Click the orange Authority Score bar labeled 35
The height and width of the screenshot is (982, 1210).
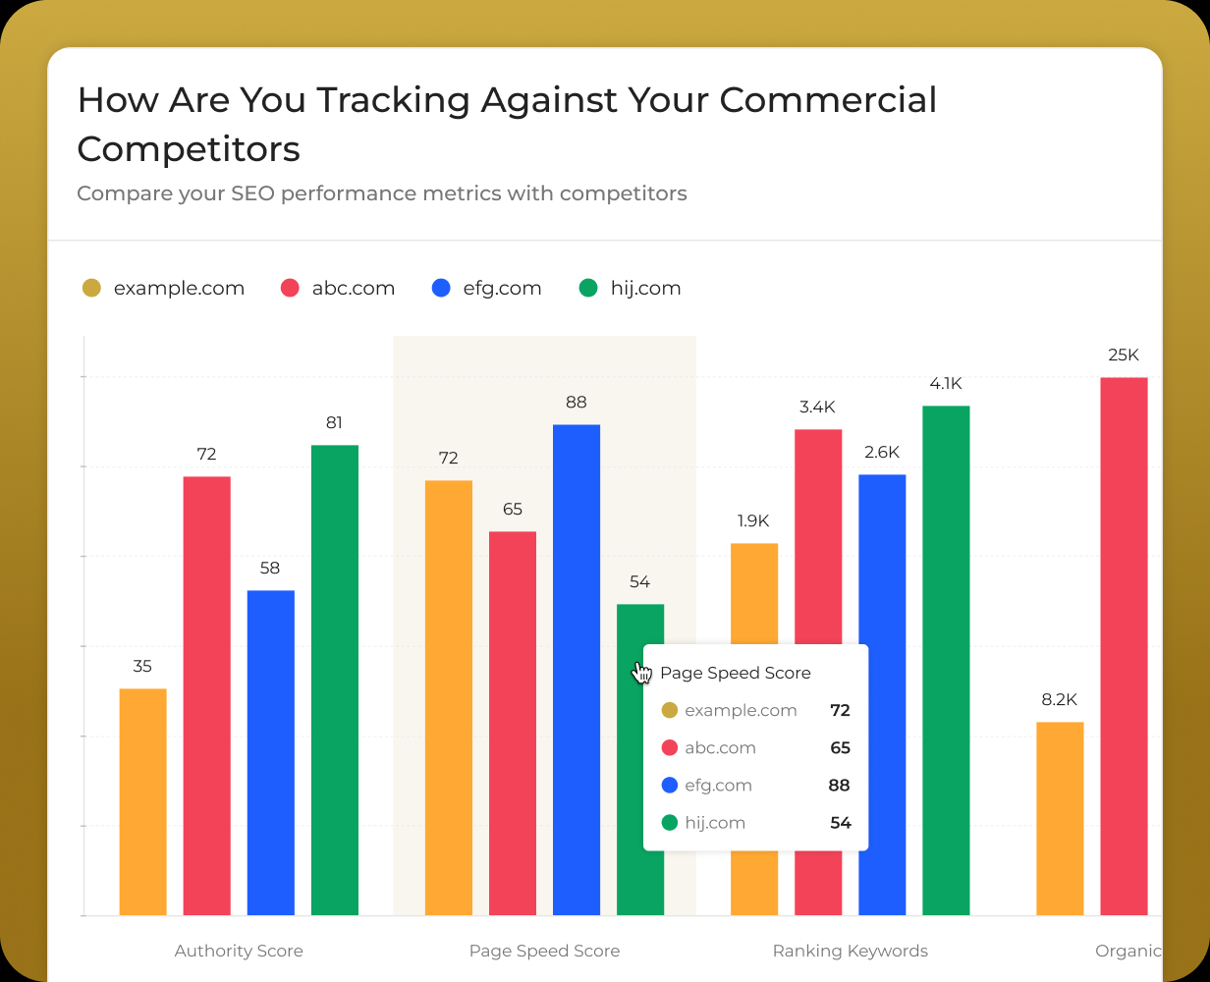point(142,801)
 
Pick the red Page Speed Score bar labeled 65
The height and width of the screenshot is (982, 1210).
point(513,723)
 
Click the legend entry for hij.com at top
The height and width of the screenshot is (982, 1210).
point(645,288)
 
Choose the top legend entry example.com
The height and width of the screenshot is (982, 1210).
point(178,288)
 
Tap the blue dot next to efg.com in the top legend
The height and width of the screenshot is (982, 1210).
point(441,288)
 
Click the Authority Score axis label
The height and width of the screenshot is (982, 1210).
point(239,951)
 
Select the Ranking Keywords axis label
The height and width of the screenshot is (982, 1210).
point(850,951)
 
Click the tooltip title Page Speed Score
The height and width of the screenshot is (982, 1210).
point(735,673)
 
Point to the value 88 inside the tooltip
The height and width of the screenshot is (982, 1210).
point(839,785)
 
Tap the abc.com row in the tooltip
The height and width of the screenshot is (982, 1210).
point(720,747)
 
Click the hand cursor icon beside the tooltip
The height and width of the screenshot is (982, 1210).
point(642,672)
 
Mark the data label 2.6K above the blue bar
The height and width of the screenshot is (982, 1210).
point(882,452)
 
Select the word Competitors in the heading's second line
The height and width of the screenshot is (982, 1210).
point(189,149)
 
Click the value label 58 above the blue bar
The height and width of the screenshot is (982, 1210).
point(270,568)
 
